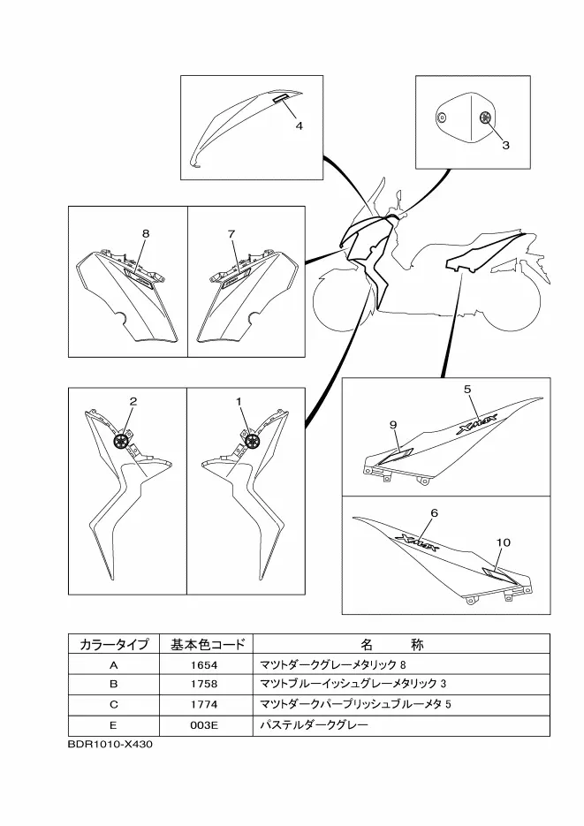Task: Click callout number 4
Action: (300, 125)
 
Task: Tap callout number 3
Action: (505, 146)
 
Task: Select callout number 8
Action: (146, 233)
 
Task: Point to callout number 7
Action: (231, 233)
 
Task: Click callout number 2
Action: (133, 401)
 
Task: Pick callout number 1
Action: (239, 401)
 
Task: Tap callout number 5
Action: (467, 388)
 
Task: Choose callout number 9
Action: (393, 424)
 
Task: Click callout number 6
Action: (434, 512)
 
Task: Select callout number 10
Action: (504, 542)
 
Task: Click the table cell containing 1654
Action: (203, 663)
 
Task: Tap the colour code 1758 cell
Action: (203, 684)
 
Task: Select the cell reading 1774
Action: (203, 704)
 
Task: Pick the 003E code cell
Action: (203, 725)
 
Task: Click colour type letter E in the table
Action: (113, 725)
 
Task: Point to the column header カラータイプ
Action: (113, 644)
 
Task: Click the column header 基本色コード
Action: (203, 644)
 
